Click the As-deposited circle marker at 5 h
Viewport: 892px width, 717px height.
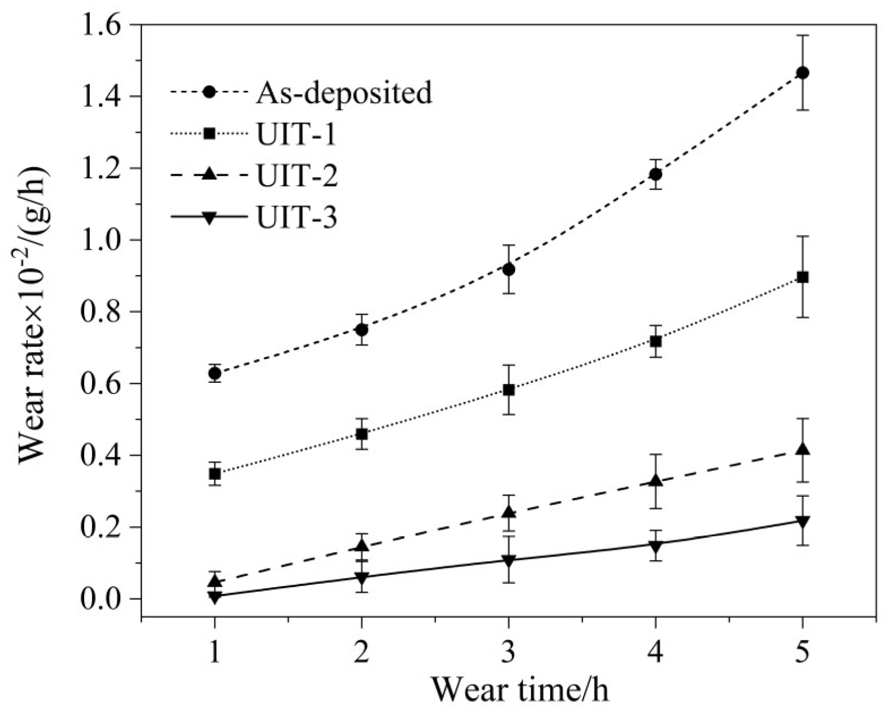tap(802, 73)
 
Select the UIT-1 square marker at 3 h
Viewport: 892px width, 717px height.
tap(508, 390)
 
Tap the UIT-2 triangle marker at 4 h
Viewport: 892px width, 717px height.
tap(655, 480)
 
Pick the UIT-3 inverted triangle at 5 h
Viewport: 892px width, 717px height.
tap(802, 521)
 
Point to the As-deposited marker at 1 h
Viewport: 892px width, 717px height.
tap(215, 373)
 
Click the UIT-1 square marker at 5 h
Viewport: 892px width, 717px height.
tap(802, 277)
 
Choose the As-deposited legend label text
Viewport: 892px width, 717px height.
tap(344, 93)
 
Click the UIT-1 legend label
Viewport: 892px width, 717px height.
tap(297, 134)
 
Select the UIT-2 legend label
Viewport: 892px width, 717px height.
tap(297, 176)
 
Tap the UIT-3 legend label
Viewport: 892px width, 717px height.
tap(297, 217)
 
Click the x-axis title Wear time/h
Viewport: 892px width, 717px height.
tap(520, 690)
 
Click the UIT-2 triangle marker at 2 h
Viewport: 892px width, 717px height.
tap(362, 546)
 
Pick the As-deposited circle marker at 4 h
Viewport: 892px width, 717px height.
tap(655, 174)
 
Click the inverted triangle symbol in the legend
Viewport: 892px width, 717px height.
tap(209, 218)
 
